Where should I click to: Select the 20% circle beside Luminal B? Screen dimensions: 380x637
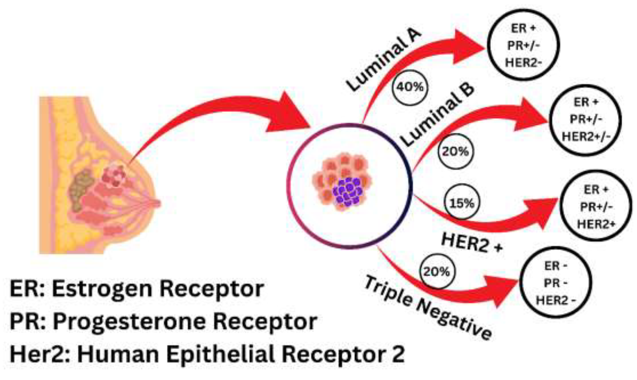coord(455,152)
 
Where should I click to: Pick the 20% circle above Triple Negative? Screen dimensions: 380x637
coord(436,272)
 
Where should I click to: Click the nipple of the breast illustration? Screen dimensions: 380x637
coord(157,204)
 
